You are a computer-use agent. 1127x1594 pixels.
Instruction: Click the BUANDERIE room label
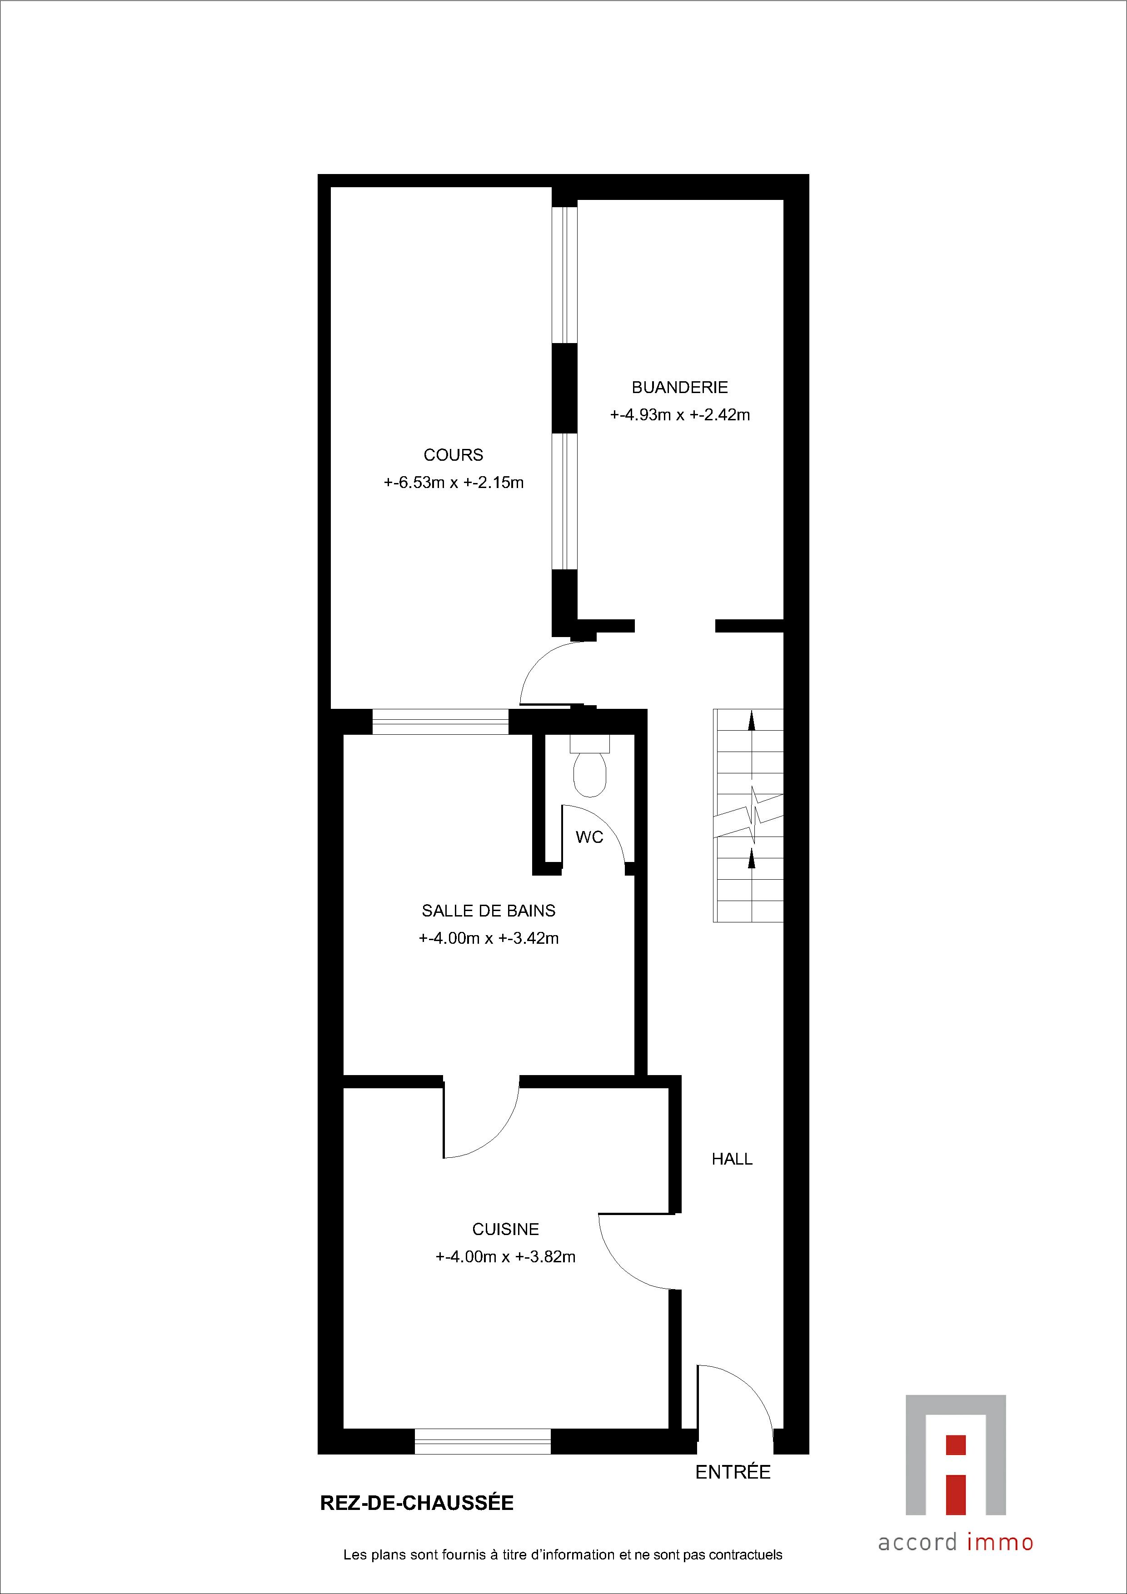[680, 388]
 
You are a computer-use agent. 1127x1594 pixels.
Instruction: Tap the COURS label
[454, 455]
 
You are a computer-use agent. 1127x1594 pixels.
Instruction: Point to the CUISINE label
[505, 1230]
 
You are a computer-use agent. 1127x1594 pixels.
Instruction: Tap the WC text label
[589, 837]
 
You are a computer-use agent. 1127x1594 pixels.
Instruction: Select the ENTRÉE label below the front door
[733, 1472]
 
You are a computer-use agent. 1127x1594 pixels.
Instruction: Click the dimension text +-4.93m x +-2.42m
[680, 415]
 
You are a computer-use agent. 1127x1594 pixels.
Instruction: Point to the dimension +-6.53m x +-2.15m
[454, 483]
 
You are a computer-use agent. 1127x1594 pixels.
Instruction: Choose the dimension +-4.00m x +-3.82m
[505, 1257]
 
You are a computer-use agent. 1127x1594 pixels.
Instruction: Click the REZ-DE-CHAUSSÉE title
[417, 1503]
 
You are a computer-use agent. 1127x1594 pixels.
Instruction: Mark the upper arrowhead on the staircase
[751, 721]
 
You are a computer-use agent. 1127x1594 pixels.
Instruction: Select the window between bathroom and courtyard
[441, 721]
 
